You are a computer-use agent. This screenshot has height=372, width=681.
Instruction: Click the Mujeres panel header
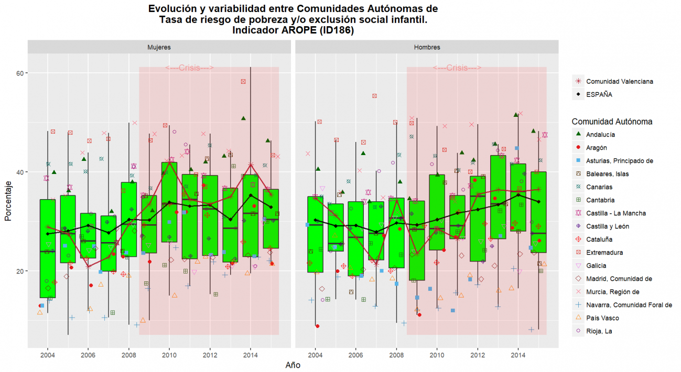[x=159, y=47]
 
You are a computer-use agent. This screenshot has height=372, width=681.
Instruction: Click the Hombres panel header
[x=427, y=47]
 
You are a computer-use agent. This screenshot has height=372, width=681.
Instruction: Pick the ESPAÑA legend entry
[x=599, y=95]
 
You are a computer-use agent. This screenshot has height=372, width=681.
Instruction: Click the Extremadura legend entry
[x=604, y=253]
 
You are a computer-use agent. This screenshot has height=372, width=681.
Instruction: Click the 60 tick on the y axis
[x=20, y=73]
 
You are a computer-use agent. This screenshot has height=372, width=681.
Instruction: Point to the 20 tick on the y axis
[x=20, y=271]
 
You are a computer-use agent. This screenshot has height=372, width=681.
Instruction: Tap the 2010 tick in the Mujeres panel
[x=169, y=355]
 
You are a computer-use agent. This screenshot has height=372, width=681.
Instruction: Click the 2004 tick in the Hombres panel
[x=316, y=355]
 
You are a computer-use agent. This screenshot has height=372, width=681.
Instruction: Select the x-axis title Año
[x=293, y=365]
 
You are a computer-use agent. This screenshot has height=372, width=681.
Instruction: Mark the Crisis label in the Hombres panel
[x=457, y=68]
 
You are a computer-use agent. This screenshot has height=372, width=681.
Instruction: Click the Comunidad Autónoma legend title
[x=612, y=122]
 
